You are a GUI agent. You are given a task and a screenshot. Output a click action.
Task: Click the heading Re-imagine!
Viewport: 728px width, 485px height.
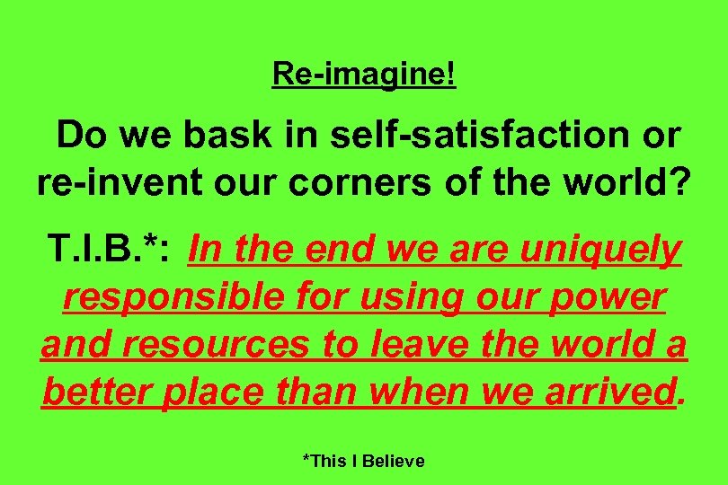364,75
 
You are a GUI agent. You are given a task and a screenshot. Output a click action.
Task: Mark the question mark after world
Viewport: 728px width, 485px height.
679,182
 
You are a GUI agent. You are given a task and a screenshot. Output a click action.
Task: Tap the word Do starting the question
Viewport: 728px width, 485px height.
82,137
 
